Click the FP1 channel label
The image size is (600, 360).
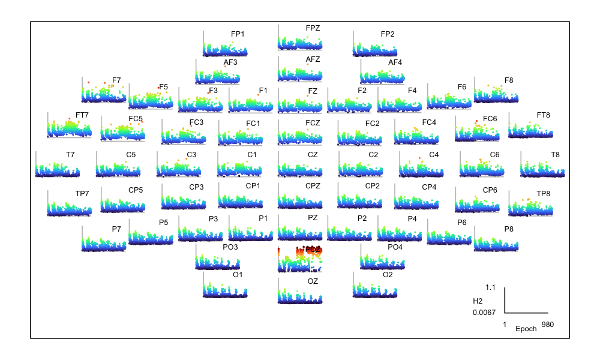[238, 34]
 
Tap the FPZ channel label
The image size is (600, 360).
[313, 28]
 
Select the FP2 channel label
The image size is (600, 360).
[388, 34]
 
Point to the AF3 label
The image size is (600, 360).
[230, 62]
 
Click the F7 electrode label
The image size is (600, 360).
[116, 80]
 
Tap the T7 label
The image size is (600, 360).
[70, 155]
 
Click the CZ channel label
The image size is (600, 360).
[313, 155]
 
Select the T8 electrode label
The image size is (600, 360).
[555, 155]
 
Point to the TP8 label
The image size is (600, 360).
[543, 194]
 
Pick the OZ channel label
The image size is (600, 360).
[313, 281]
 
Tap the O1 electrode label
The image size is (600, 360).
[238, 275]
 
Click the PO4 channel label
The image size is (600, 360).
[395, 247]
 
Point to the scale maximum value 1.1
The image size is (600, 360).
[490, 287]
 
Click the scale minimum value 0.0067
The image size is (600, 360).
[484, 313]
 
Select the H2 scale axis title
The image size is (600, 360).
[478, 301]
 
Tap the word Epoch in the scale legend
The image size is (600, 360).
[526, 329]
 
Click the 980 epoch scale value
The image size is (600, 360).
[547, 325]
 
